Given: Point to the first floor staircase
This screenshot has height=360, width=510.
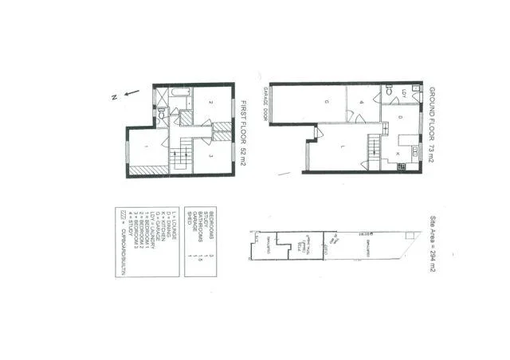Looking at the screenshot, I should point(179,152).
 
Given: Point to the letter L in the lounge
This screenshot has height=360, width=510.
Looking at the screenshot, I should point(340,147).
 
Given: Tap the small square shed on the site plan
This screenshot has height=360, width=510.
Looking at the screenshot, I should point(257,237).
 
